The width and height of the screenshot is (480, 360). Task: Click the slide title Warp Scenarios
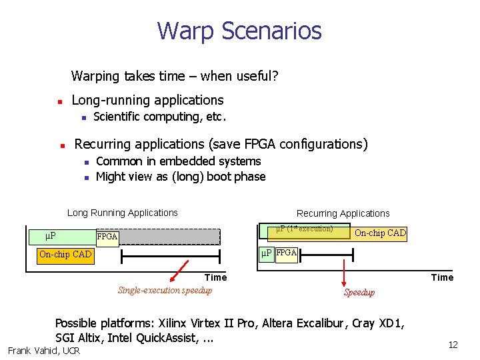[239, 31]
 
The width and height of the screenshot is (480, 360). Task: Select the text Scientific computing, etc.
[160, 117]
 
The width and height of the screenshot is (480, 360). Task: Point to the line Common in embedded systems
[178, 161]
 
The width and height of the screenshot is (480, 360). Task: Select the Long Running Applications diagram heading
[123, 213]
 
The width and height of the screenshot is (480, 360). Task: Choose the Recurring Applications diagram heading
[343, 213]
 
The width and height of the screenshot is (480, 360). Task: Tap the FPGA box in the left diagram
[107, 237]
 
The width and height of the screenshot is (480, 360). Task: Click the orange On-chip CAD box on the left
[65, 254]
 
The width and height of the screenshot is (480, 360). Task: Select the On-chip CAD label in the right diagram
[380, 233]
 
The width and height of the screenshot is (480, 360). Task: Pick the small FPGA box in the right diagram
[287, 253]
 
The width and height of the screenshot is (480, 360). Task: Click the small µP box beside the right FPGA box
[266, 253]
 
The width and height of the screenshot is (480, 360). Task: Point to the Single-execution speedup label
[165, 290]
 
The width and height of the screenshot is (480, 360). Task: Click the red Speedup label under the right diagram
[359, 292]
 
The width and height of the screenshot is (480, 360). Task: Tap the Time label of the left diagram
[215, 277]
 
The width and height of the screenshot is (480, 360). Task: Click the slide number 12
[453, 345]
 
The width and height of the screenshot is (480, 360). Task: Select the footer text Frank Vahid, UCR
[43, 351]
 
